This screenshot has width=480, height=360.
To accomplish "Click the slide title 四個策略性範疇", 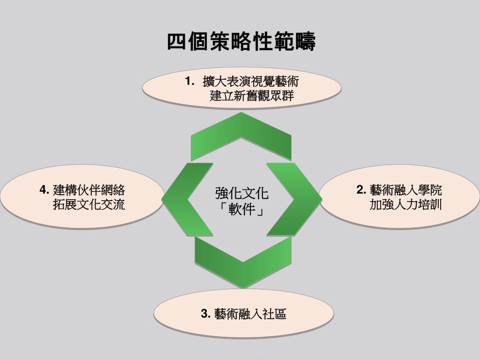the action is click(241, 42).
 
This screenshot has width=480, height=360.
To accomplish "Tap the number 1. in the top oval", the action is click(189, 82).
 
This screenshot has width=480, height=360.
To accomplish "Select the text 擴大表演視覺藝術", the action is click(250, 82).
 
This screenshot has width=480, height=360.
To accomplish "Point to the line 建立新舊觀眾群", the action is click(252, 97).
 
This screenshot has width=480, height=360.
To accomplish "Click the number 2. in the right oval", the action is click(361, 190).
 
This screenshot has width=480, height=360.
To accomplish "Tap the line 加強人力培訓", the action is click(406, 205).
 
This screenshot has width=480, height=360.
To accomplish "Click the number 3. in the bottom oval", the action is click(205, 314).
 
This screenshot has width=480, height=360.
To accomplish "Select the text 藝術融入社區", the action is click(250, 314).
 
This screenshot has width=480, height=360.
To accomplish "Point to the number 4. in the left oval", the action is click(45, 190).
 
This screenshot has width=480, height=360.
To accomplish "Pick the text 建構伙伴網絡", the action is click(89, 190).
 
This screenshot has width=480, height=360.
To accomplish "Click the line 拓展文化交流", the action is click(89, 205).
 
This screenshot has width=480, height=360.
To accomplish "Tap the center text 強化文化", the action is click(242, 193).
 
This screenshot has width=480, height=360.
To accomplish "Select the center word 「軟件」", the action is click(242, 209).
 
